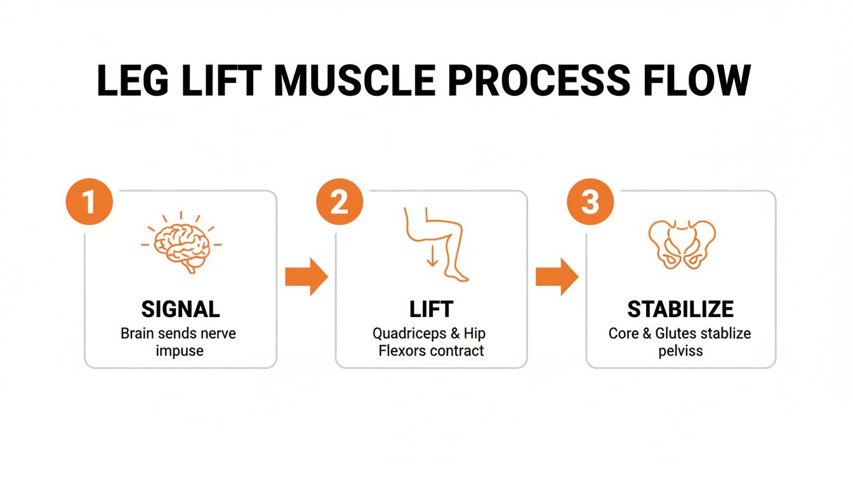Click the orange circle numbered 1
click(x=89, y=202)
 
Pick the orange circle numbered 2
click(x=340, y=202)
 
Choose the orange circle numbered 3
click(x=590, y=202)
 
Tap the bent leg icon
click(x=438, y=243)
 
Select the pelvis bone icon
click(x=682, y=244)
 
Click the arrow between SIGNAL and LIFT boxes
click(x=306, y=277)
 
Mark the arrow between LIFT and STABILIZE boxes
click(x=557, y=277)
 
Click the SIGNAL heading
click(x=180, y=309)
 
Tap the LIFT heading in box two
click(x=431, y=309)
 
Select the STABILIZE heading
click(x=680, y=309)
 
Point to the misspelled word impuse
click(x=180, y=351)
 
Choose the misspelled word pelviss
click(x=680, y=351)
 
